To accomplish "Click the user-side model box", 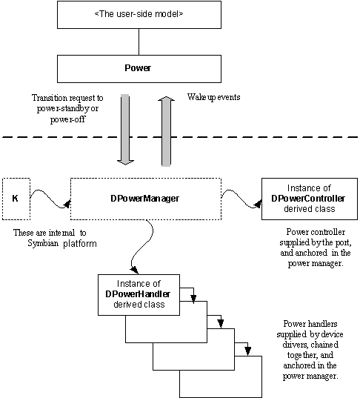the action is pos(139,15).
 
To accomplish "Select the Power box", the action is pos(139,69).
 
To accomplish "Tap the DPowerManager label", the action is pos(145,199).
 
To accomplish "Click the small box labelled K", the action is pos(16,199).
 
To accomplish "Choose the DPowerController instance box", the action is pos(310,199).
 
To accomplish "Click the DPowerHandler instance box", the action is pos(139,295).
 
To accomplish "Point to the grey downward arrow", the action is pos(125,130).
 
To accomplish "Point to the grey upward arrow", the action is pos(166,131).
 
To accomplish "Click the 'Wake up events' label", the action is pos(213,97).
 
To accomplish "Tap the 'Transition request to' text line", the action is pos(67,98).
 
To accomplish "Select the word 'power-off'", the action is pos(67,119).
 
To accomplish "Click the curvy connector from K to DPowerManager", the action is pos(50,199).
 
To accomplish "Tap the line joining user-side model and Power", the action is pos(139,42).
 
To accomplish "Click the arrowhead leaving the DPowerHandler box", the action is pos(193,299).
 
